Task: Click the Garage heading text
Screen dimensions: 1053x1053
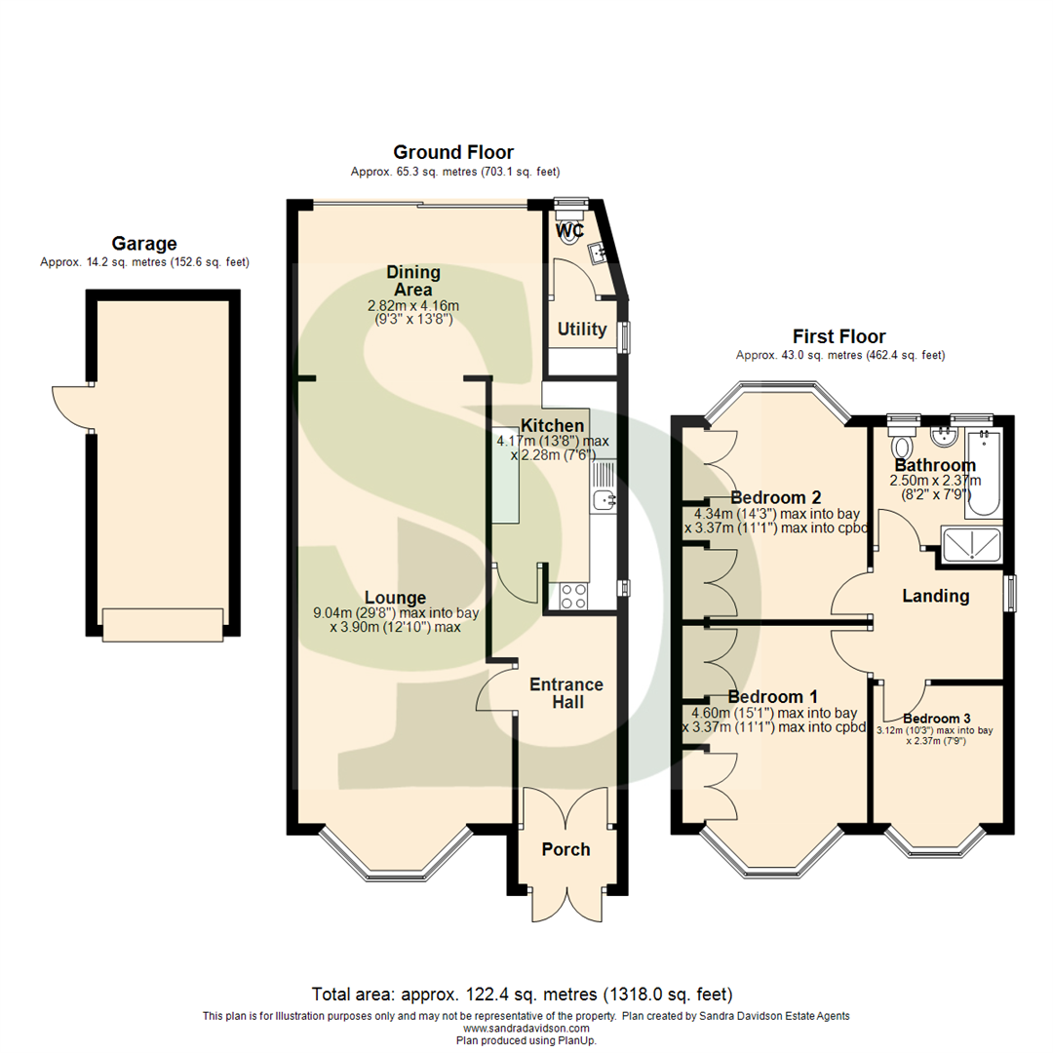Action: pos(144,244)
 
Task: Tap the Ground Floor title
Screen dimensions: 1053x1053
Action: pos(452,152)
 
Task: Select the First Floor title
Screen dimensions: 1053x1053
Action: pos(839,336)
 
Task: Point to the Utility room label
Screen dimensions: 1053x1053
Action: pos(582,330)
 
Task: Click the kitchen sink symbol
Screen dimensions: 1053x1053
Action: pos(602,500)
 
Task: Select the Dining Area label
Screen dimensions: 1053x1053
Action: pos(413,281)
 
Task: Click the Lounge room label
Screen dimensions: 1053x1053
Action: pos(395,597)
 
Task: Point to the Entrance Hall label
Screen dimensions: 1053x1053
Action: pos(566,692)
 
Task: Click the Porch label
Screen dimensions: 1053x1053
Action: pos(565,849)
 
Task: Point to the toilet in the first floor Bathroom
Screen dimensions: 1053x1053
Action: pos(902,441)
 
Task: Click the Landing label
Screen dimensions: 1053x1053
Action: pos(935,596)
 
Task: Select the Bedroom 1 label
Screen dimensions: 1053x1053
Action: pos(772,697)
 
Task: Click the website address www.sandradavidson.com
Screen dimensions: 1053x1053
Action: pos(526,1029)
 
